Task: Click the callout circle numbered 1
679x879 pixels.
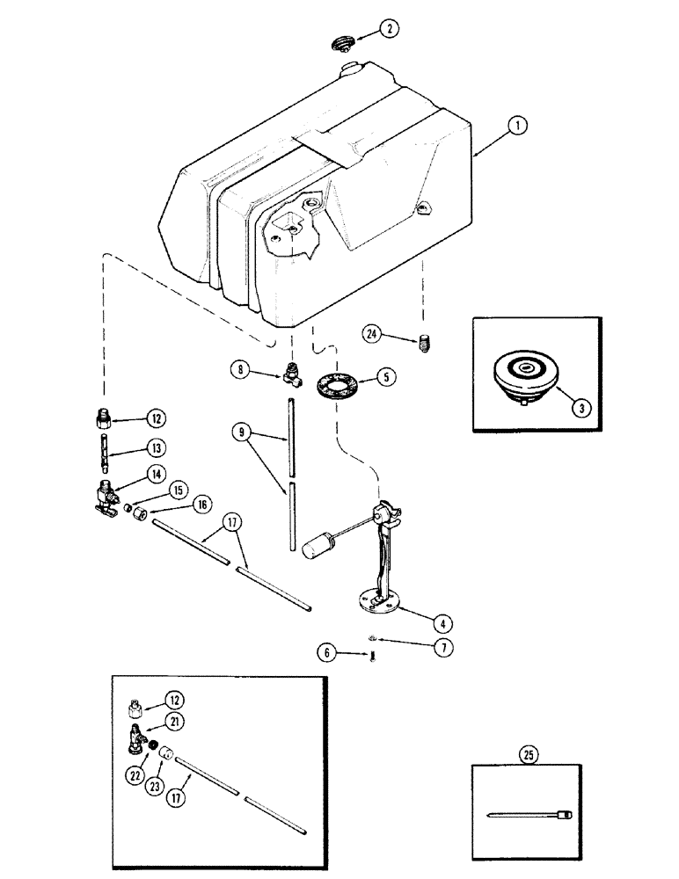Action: tap(520, 127)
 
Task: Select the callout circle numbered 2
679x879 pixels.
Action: tap(391, 29)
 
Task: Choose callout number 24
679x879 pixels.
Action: tap(373, 332)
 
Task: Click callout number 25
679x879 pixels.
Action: tap(530, 754)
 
